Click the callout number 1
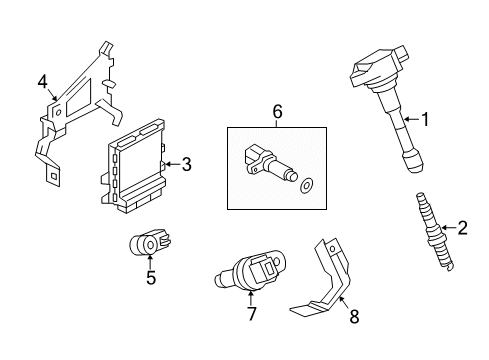point(425,119)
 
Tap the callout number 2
point(462,228)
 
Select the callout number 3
point(186,164)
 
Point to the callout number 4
point(43,82)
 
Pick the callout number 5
point(151,278)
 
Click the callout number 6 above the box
point(277,111)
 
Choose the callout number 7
point(252,313)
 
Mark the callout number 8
point(354,316)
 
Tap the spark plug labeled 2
point(433,231)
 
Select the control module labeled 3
point(133,166)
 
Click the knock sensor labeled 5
point(150,242)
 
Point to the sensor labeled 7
point(250,272)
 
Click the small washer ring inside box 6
point(306,185)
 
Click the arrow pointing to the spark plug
point(449,228)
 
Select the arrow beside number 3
point(172,164)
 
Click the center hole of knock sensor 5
point(150,246)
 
